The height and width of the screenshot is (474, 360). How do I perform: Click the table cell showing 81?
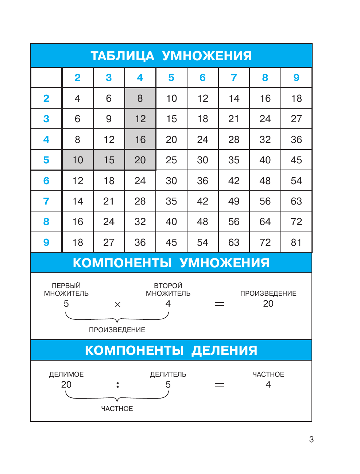click(x=296, y=242)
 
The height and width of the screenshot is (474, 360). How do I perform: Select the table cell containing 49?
click(x=234, y=201)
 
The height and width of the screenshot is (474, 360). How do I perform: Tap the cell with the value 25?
click(x=171, y=160)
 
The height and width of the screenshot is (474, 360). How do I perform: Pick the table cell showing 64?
click(x=265, y=222)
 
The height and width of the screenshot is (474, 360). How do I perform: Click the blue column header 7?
click(x=234, y=78)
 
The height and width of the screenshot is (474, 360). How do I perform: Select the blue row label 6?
click(x=46, y=181)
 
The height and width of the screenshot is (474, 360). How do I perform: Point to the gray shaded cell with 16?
click(x=140, y=140)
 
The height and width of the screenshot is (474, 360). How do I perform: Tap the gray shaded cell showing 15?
click(x=109, y=160)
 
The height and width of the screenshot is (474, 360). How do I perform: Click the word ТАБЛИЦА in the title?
click(x=122, y=56)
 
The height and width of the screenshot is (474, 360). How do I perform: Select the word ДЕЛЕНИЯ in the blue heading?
click(x=224, y=350)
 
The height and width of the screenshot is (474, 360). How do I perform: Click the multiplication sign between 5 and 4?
click(x=117, y=304)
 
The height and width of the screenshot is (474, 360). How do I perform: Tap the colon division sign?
click(x=117, y=385)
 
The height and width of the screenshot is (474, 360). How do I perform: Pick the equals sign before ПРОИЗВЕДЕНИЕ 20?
click(x=219, y=304)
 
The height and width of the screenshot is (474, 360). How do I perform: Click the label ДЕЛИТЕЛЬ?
click(x=168, y=374)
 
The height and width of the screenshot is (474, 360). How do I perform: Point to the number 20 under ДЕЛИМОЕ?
click(x=66, y=385)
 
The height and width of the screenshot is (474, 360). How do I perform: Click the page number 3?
click(x=311, y=439)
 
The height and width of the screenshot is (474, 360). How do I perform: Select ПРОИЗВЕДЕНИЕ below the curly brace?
click(x=117, y=330)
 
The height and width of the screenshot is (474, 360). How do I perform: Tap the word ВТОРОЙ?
click(x=168, y=286)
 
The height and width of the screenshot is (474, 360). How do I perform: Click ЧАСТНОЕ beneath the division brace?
click(x=117, y=409)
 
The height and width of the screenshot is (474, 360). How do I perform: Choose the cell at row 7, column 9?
click(x=296, y=201)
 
